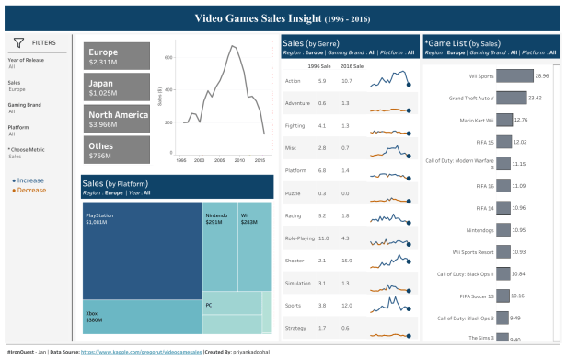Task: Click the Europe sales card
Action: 117,57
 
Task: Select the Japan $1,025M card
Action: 117,87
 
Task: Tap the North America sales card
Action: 117,119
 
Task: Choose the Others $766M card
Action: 117,150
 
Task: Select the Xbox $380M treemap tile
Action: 140,316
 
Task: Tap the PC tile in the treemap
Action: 230,304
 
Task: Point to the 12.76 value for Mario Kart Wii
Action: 520,120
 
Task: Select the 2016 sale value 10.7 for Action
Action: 346,81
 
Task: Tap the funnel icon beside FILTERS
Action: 18,42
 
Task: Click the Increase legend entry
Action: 30,181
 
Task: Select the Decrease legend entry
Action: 31,190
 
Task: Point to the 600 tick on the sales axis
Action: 168,57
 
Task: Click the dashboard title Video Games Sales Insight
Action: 283,17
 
